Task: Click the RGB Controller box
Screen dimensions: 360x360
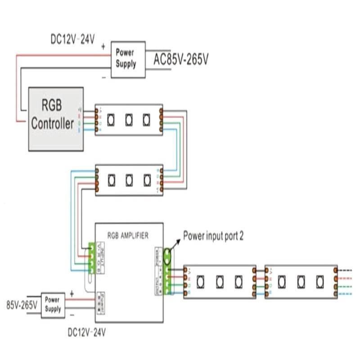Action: pyautogui.click(x=56, y=118)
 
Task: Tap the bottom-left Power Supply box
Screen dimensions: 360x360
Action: pyautogui.click(x=53, y=305)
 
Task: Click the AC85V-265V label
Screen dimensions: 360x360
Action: pyautogui.click(x=181, y=59)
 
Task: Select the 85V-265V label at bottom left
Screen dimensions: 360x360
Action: pyautogui.click(x=22, y=305)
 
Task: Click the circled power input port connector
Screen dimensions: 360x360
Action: pyautogui.click(x=168, y=257)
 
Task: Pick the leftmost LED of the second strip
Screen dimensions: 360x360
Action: pyautogui.click(x=111, y=180)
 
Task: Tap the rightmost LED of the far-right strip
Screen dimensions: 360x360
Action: pyautogui.click(x=319, y=281)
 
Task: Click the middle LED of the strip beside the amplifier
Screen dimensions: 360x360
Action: pyautogui.click(x=220, y=281)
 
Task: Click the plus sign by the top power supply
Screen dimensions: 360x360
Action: pyautogui.click(x=103, y=46)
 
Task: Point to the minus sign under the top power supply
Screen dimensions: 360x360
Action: pyautogui.click(x=104, y=77)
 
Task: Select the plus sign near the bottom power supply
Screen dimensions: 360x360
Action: pyautogui.click(x=71, y=293)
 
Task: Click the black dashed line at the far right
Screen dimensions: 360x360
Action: pyautogui.click(x=346, y=270)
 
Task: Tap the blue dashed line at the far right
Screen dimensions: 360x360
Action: pyautogui.click(x=346, y=293)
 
